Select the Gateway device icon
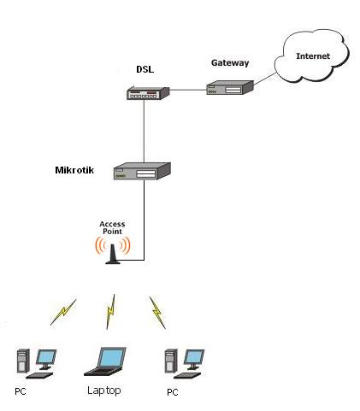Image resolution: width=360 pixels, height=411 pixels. click(229, 86)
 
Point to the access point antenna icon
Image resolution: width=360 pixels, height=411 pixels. click(112, 250)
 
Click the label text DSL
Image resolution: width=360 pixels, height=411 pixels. click(145, 68)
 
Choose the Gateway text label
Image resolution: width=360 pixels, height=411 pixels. click(229, 62)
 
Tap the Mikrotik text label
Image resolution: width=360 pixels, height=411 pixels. click(74, 170)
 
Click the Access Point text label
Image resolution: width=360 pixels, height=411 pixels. click(112, 228)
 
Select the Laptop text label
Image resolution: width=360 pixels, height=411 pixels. click(104, 390)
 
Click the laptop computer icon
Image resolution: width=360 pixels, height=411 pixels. click(105, 361)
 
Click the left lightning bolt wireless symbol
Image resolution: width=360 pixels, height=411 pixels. click(62, 311)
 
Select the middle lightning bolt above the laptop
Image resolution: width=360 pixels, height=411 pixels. click(110, 311)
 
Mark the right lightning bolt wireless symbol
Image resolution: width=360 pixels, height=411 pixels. click(156, 311)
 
